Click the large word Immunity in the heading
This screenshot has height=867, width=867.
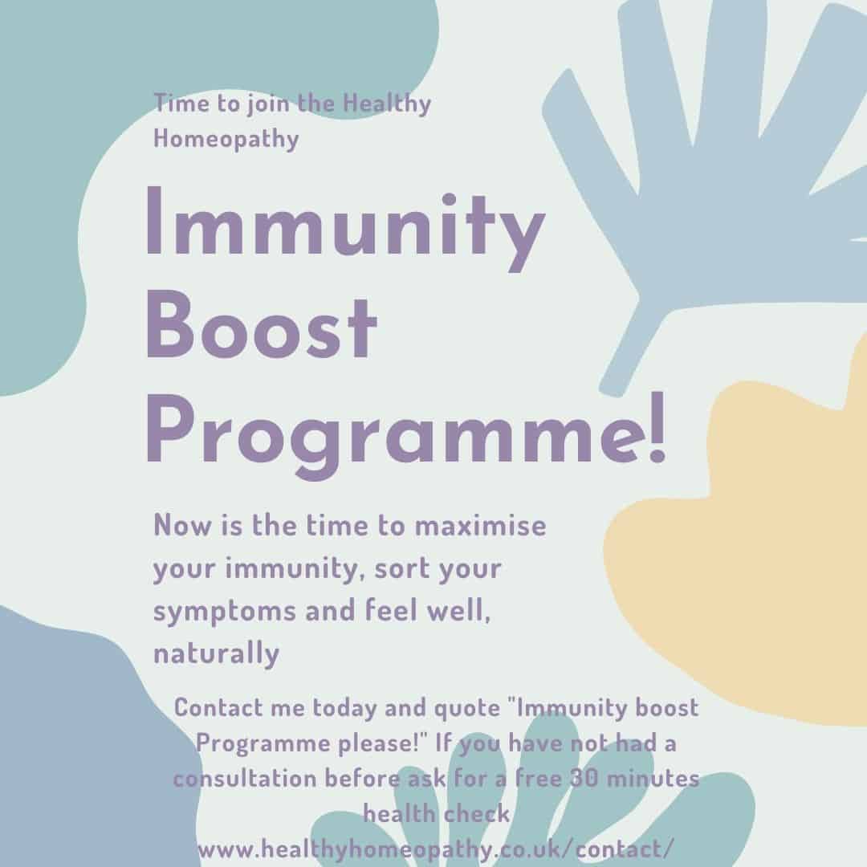coord(345,228)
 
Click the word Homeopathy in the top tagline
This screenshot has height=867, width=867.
coord(226,139)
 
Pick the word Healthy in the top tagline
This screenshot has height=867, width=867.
coord(386,104)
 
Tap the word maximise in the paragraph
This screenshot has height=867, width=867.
coord(480,525)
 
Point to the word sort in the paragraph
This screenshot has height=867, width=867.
coord(399,568)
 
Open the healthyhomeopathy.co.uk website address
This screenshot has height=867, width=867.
coord(436,849)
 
